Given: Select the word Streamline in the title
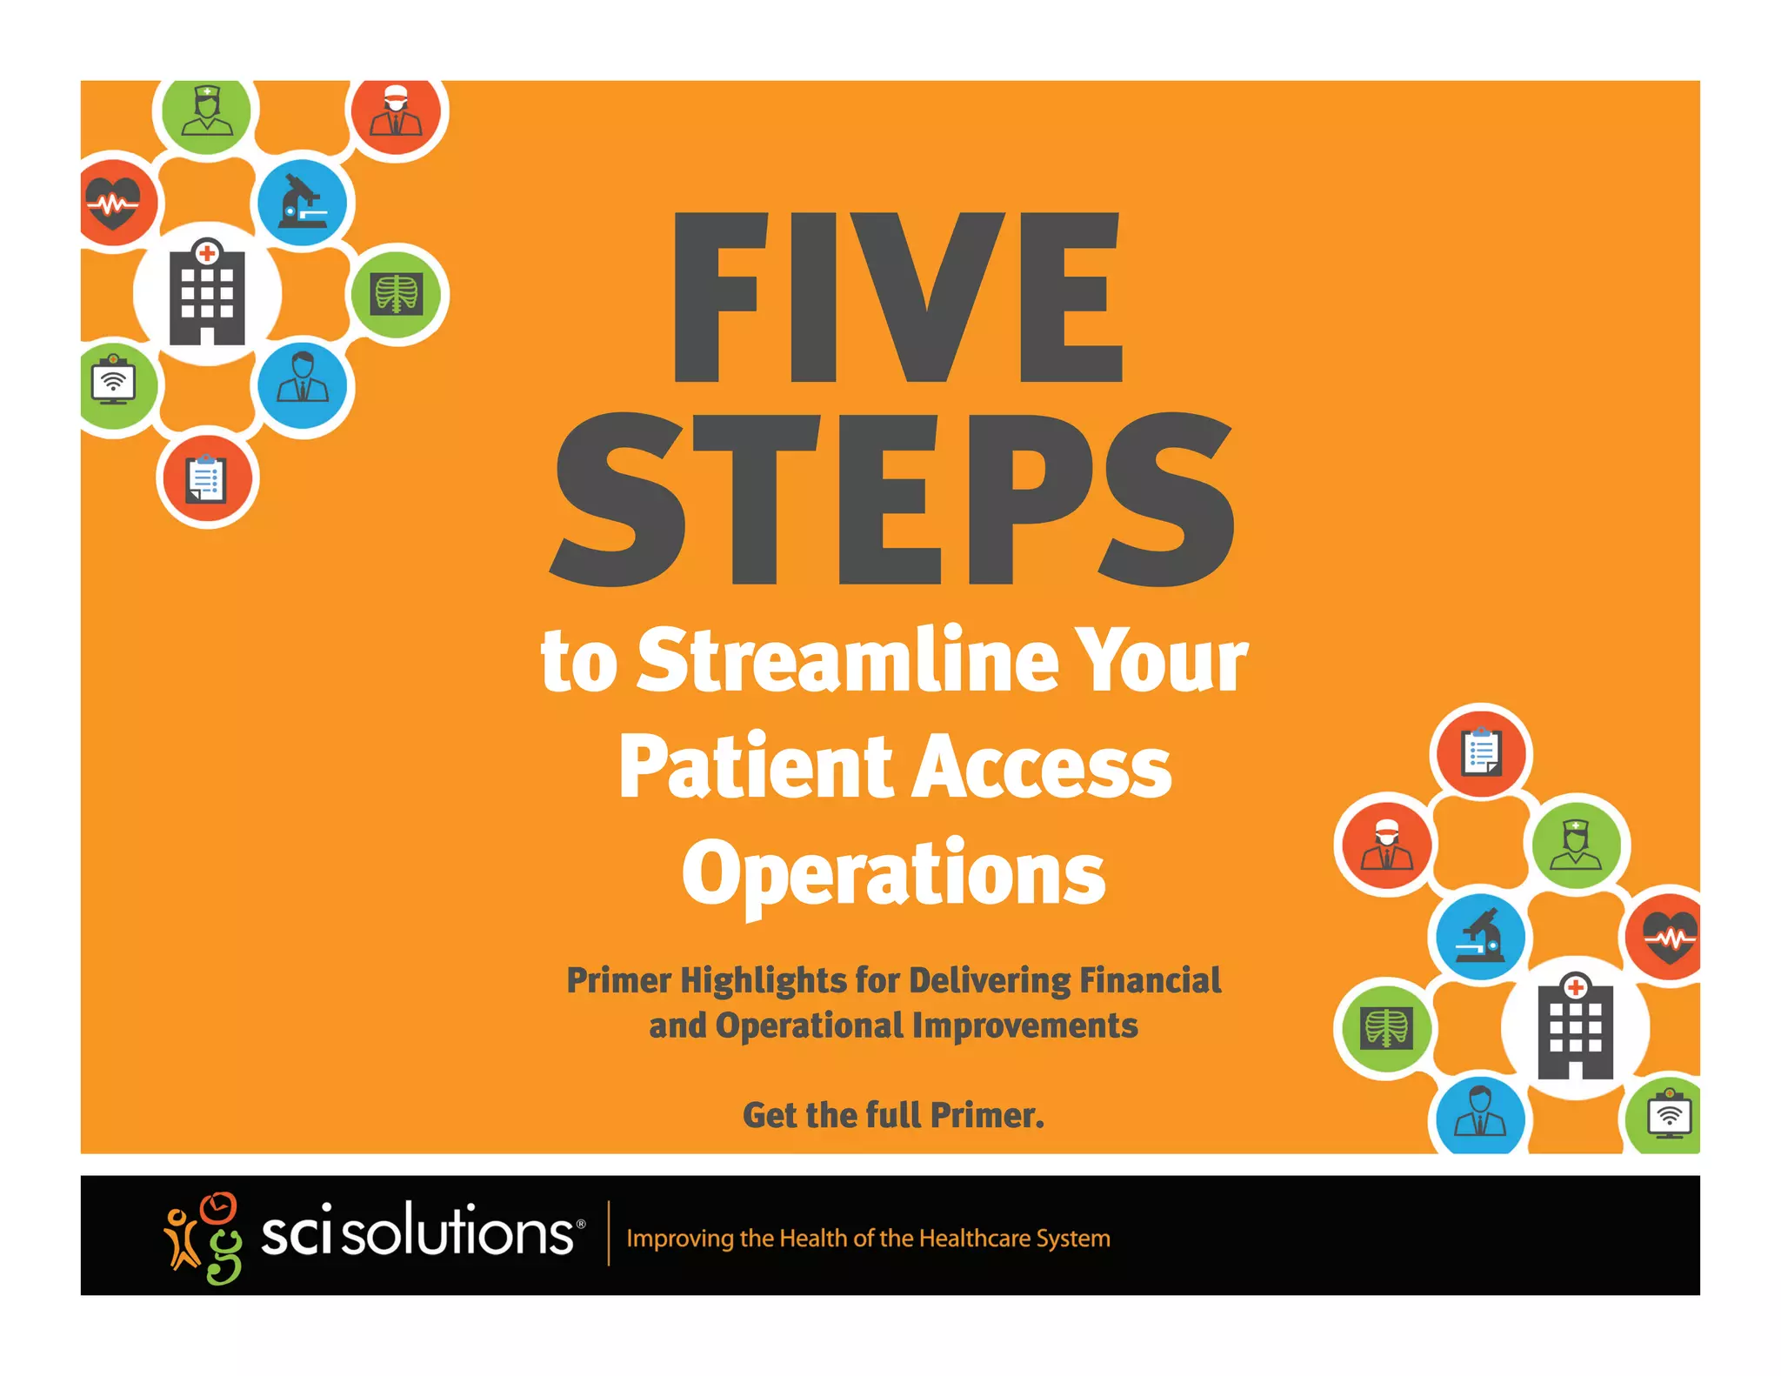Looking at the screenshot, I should [x=848, y=661].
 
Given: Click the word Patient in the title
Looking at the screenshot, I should [x=756, y=767].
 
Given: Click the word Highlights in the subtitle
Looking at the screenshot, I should [x=763, y=981].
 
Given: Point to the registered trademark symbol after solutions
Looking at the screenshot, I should [x=581, y=1224].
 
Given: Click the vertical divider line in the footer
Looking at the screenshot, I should [x=608, y=1233].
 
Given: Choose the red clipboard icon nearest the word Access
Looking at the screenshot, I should [x=1481, y=752].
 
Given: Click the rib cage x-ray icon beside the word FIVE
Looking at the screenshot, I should [x=397, y=294].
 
